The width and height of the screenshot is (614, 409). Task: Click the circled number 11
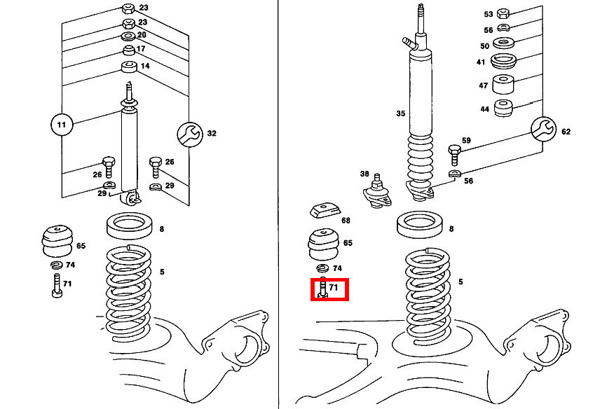[62, 125]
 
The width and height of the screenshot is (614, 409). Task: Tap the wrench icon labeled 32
[189, 133]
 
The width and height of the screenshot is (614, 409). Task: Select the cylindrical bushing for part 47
[503, 85]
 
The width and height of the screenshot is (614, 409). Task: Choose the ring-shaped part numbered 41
[503, 62]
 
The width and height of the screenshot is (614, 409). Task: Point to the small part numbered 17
[129, 50]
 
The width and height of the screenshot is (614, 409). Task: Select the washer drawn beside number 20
[129, 36]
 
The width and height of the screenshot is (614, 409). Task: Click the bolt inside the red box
[322, 289]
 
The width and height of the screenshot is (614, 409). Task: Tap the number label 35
[400, 113]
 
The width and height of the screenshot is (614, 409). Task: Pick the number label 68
[346, 221]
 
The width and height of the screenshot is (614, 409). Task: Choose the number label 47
[482, 85]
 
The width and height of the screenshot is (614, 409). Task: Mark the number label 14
[145, 66]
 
